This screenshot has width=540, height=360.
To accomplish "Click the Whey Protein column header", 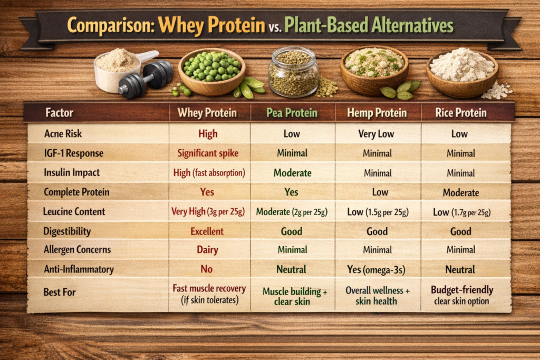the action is coord(207,113).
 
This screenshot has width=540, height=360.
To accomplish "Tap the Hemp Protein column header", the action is coord(377,113).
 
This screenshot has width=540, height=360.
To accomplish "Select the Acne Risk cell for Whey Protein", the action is coord(208,133).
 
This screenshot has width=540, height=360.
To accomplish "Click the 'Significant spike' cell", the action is coord(208,153).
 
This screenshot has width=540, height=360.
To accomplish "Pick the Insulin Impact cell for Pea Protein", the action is coord(292,172).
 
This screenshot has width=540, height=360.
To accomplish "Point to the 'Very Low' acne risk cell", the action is coord(375,134).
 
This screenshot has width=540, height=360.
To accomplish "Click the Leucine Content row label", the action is coord(74,211).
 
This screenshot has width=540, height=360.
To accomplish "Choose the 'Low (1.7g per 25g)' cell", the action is coord(461,212).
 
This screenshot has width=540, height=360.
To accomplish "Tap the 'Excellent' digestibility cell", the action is coord(207,231).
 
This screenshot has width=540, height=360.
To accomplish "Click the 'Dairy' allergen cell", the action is coord(207,250).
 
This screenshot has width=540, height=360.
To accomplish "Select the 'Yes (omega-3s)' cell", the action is coord(376,269).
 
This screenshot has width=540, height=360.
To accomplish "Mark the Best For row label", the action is coord(59,292).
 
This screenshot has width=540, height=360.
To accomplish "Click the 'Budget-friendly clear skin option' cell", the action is coord(462,295).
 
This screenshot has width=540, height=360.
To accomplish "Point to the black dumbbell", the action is coord(146,79).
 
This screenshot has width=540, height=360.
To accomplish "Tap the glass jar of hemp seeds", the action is coord(293,72).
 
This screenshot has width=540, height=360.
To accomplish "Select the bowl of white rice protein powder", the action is coord(462,73).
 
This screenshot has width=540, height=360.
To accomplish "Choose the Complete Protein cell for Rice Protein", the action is coord(461,192).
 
